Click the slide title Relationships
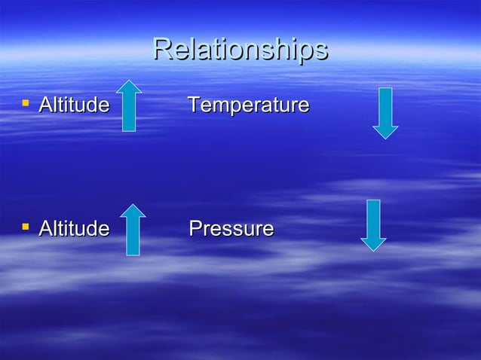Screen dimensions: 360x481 coord(240,50)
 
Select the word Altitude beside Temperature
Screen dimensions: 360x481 coord(73,105)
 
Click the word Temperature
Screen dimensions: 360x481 coord(248,105)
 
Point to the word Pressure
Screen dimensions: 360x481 coord(231,227)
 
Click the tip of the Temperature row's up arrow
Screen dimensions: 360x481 coord(129,81)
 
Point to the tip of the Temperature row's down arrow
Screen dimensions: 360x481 coord(385,138)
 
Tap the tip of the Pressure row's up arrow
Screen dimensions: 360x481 coord(133,205)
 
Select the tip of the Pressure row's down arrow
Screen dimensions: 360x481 coord(373,250)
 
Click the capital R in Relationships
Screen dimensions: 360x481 coord(161,50)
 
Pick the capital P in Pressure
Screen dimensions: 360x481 coord(195,227)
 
